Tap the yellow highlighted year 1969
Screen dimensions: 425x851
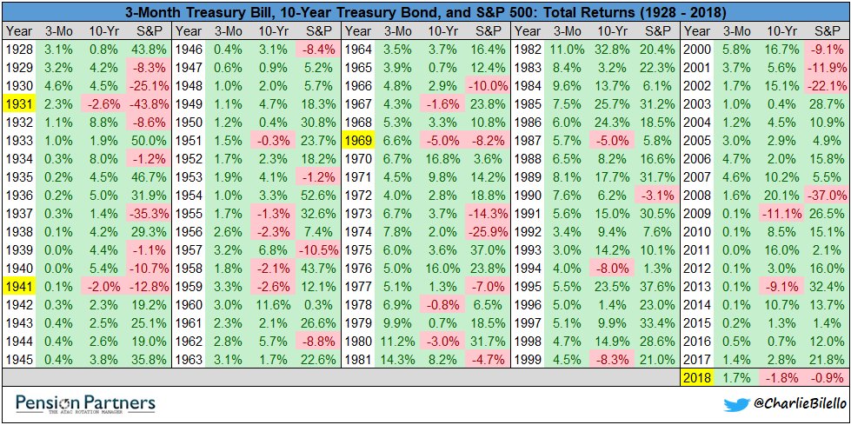pyautogui.click(x=359, y=140)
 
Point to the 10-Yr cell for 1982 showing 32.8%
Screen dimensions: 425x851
pyautogui.click(x=608, y=50)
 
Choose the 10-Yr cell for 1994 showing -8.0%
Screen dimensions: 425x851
pyautogui.click(x=608, y=269)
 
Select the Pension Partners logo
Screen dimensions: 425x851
pyautogui.click(x=85, y=403)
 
